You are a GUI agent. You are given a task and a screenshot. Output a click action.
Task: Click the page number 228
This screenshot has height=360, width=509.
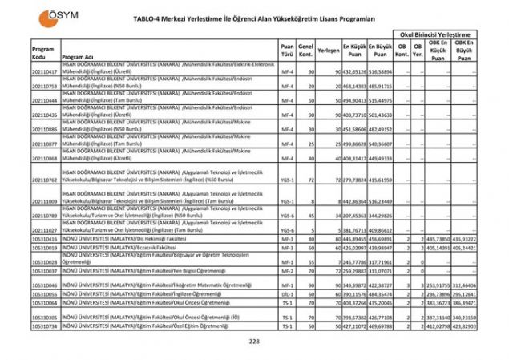point(254,341)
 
